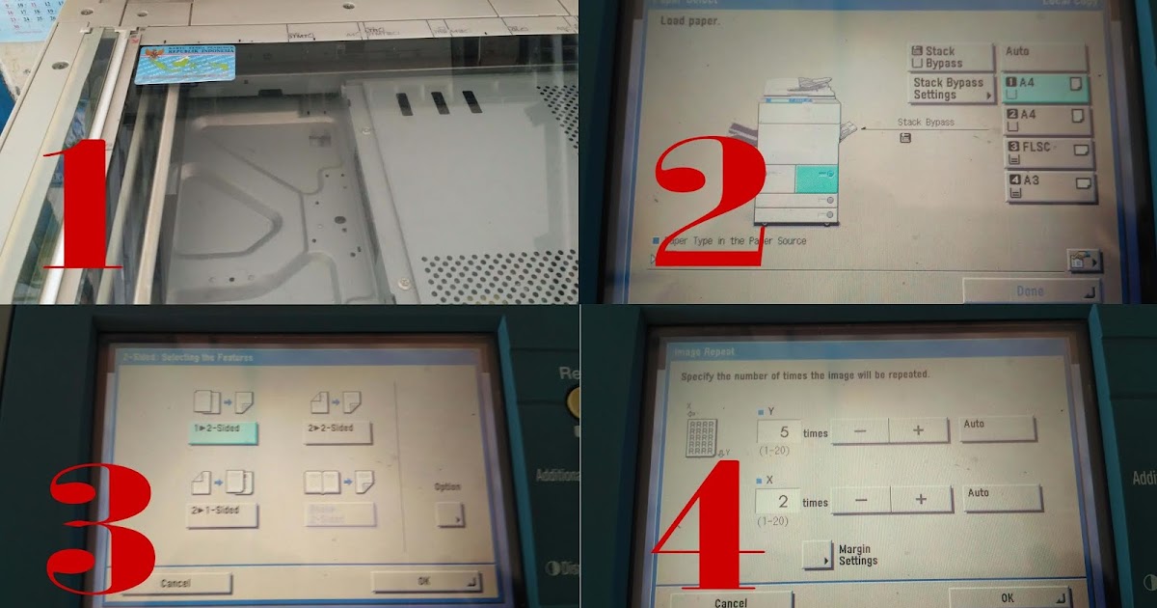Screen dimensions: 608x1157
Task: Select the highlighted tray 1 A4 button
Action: click(1045, 89)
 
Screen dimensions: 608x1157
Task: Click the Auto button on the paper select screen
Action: click(1045, 56)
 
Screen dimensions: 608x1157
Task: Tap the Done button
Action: click(1030, 290)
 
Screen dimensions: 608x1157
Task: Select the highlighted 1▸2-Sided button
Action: click(223, 431)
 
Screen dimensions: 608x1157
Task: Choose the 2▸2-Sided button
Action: click(336, 431)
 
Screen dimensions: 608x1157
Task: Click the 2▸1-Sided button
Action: click(222, 514)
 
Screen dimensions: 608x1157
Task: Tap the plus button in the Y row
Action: click(917, 431)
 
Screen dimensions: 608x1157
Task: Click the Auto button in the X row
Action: click(1002, 497)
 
